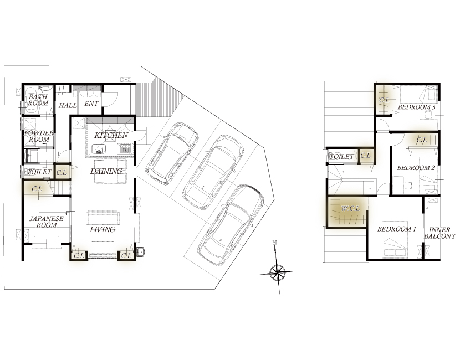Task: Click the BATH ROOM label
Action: [38, 100]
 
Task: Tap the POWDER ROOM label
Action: [39, 136]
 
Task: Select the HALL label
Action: [68, 106]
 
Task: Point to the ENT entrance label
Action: [91, 104]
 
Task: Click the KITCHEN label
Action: [111, 135]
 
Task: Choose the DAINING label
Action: [106, 171]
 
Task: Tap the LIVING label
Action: [103, 229]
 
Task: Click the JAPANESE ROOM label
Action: [47, 222]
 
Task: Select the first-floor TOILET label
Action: [39, 172]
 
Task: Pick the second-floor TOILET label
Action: [342, 157]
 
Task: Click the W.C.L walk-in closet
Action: [347, 212]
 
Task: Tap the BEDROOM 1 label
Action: [397, 229]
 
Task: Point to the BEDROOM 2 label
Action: [416, 168]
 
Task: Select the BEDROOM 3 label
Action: [416, 107]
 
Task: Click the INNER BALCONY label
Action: [439, 233]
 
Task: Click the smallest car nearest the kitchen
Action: [172, 153]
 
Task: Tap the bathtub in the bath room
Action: [32, 99]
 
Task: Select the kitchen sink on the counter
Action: [99, 148]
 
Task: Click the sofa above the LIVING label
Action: [103, 218]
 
